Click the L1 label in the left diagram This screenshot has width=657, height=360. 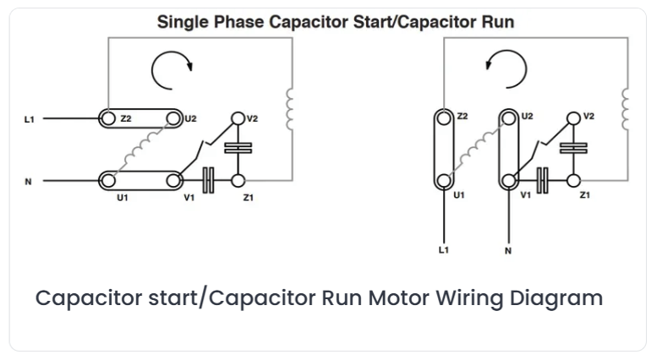(29, 120)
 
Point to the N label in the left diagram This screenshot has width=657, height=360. (28, 182)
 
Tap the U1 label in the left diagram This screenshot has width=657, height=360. (123, 198)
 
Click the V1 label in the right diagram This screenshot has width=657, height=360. (525, 195)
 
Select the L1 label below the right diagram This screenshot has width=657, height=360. (444, 250)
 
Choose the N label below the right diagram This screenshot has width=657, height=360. (508, 251)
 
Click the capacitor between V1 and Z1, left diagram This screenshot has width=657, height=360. (208, 181)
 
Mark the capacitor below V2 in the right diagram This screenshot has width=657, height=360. (573, 148)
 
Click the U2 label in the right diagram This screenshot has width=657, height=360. (527, 116)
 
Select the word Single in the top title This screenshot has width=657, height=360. (183, 22)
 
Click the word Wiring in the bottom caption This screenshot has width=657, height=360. (469, 298)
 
